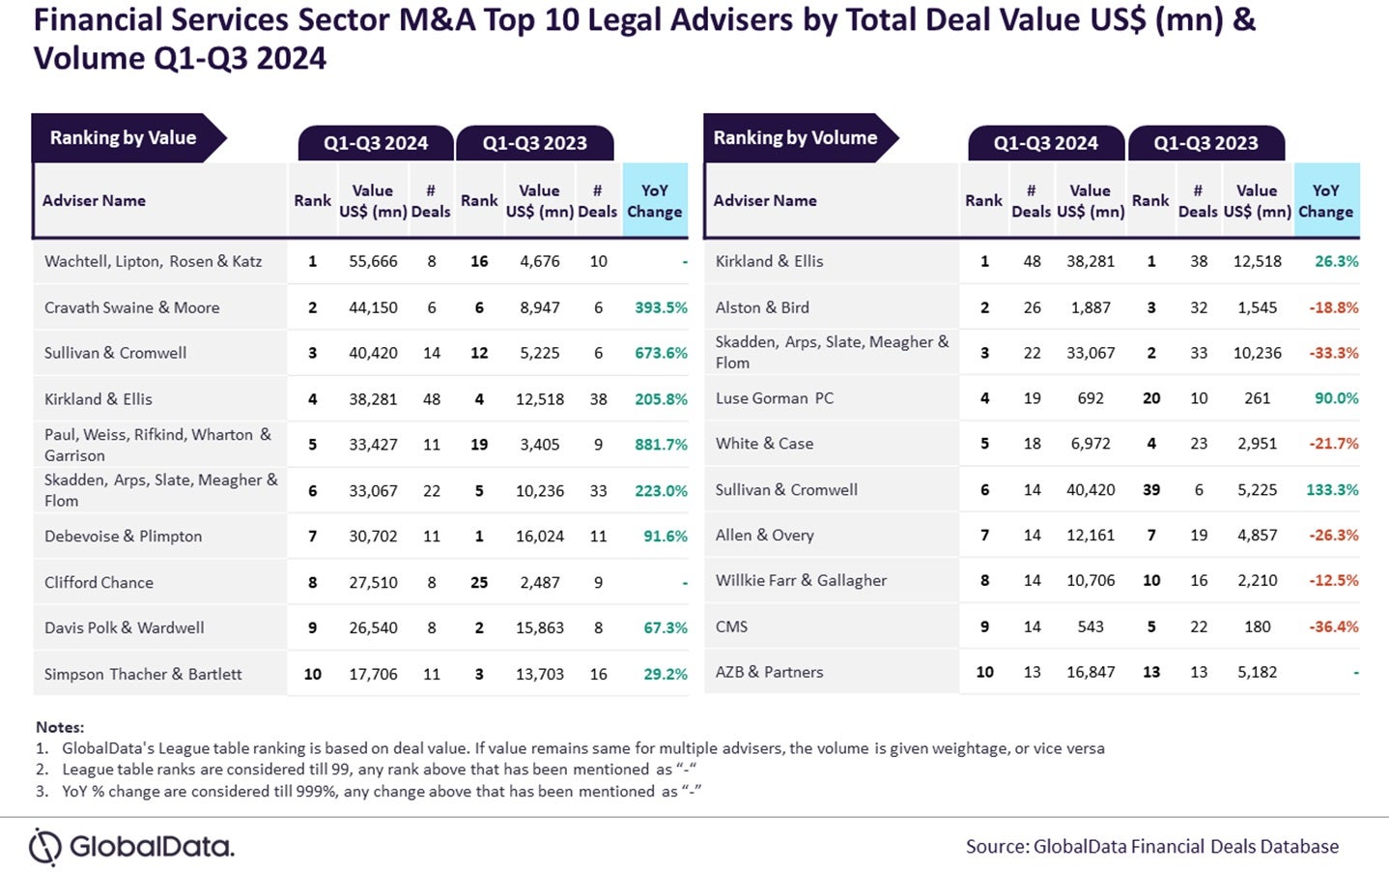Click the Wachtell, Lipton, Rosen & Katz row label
click(153, 261)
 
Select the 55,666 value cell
click(373, 261)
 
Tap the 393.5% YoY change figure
click(661, 307)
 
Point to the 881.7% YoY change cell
click(661, 445)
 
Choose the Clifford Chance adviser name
click(99, 582)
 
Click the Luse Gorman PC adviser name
click(774, 398)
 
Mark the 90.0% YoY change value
click(1336, 398)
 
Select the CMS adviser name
click(731, 626)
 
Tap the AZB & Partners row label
click(769, 672)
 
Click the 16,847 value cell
click(1091, 672)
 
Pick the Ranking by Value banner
click(124, 138)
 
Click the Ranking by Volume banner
click(795, 138)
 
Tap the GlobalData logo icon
click(44, 847)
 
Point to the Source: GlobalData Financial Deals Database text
click(1151, 847)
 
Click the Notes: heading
click(60, 727)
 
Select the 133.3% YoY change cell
click(1332, 490)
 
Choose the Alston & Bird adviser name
click(762, 307)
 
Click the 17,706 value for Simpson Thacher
click(373, 674)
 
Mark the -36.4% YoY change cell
click(1333, 626)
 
